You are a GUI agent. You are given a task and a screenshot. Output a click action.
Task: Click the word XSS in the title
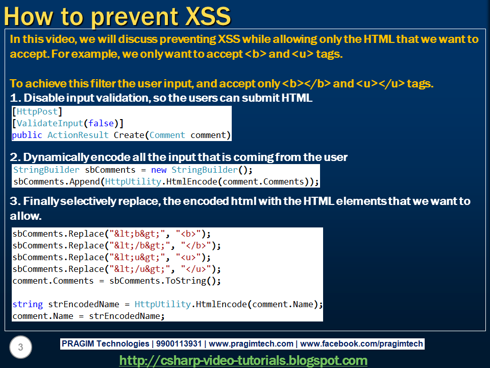[208, 16]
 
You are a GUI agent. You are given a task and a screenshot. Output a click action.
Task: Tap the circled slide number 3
[20, 347]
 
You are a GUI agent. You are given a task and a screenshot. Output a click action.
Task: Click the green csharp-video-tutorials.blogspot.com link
[243, 360]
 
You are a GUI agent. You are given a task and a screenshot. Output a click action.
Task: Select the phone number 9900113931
[179, 343]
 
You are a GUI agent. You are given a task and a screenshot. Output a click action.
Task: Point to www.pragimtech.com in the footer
[251, 343]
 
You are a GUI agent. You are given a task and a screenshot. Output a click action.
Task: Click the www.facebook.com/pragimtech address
[361, 343]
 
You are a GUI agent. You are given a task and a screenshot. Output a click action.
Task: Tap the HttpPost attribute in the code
[37, 111]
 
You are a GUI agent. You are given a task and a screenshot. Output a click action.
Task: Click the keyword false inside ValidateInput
[101, 123]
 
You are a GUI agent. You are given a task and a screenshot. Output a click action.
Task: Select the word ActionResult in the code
[78, 135]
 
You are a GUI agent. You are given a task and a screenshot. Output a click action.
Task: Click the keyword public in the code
[27, 135]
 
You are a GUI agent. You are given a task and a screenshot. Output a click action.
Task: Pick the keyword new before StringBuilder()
[158, 170]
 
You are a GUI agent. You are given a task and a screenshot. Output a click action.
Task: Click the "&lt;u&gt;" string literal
[137, 257]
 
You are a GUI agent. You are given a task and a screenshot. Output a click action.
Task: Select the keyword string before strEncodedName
[28, 304]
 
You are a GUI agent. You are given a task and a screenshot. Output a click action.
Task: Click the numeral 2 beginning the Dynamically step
[13, 157]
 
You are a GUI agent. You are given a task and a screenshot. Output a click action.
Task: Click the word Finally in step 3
[41, 201]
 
